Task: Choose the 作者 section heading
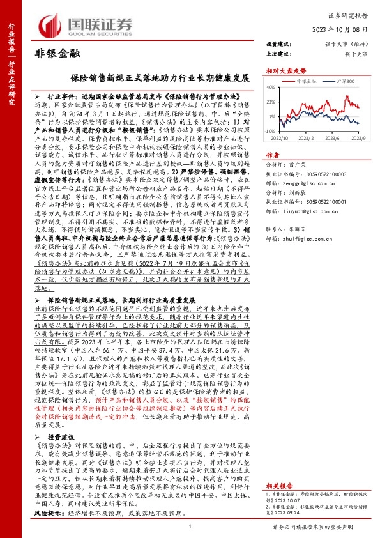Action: pyautogui.click(x=272, y=155)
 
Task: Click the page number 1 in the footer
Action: pyautogui.click(x=190, y=525)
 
